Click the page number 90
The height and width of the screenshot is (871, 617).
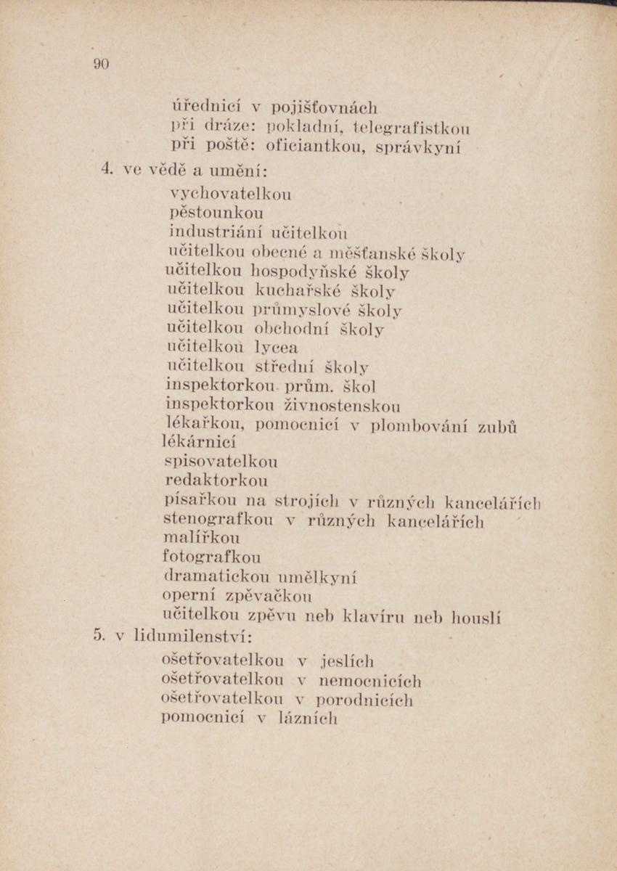pyautogui.click(x=101, y=64)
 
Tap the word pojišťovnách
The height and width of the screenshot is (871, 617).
pyautogui.click(x=324, y=110)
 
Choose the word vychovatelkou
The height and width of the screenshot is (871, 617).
pyautogui.click(x=230, y=195)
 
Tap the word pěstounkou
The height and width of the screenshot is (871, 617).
pyautogui.click(x=216, y=213)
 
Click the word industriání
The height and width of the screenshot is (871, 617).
pyautogui.click(x=216, y=233)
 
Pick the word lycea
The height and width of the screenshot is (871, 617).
pyautogui.click(x=277, y=348)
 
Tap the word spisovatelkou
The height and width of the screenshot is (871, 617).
pyautogui.click(x=221, y=462)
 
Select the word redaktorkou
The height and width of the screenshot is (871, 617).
pyautogui.click(x=216, y=481)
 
